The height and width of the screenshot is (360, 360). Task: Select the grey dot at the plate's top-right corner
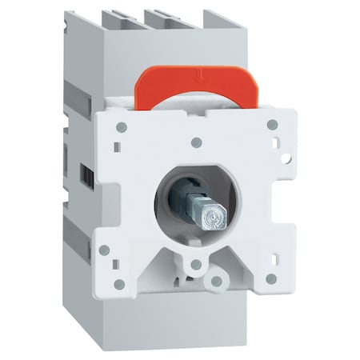[273, 124]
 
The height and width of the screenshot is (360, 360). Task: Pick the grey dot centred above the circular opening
[196, 142]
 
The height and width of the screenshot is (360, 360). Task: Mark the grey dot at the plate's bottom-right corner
[270, 278]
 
